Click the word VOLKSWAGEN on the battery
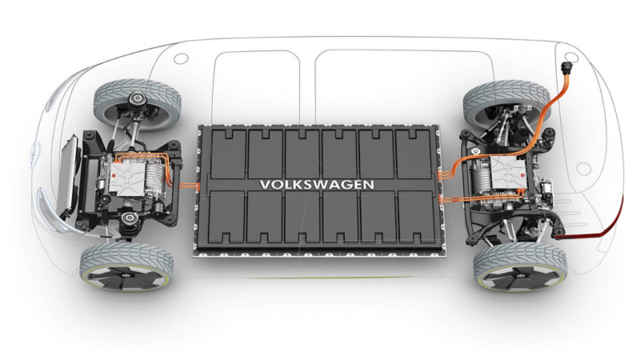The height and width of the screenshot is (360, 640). tap(317, 185)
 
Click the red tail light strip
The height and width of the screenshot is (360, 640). tap(591, 223)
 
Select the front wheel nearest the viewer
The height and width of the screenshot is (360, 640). tap(126, 266)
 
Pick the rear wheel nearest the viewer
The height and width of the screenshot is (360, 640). tap(520, 267)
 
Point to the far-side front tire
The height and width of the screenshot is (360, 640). tap(137, 104)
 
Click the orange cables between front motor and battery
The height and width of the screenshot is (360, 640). tap(189, 186)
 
